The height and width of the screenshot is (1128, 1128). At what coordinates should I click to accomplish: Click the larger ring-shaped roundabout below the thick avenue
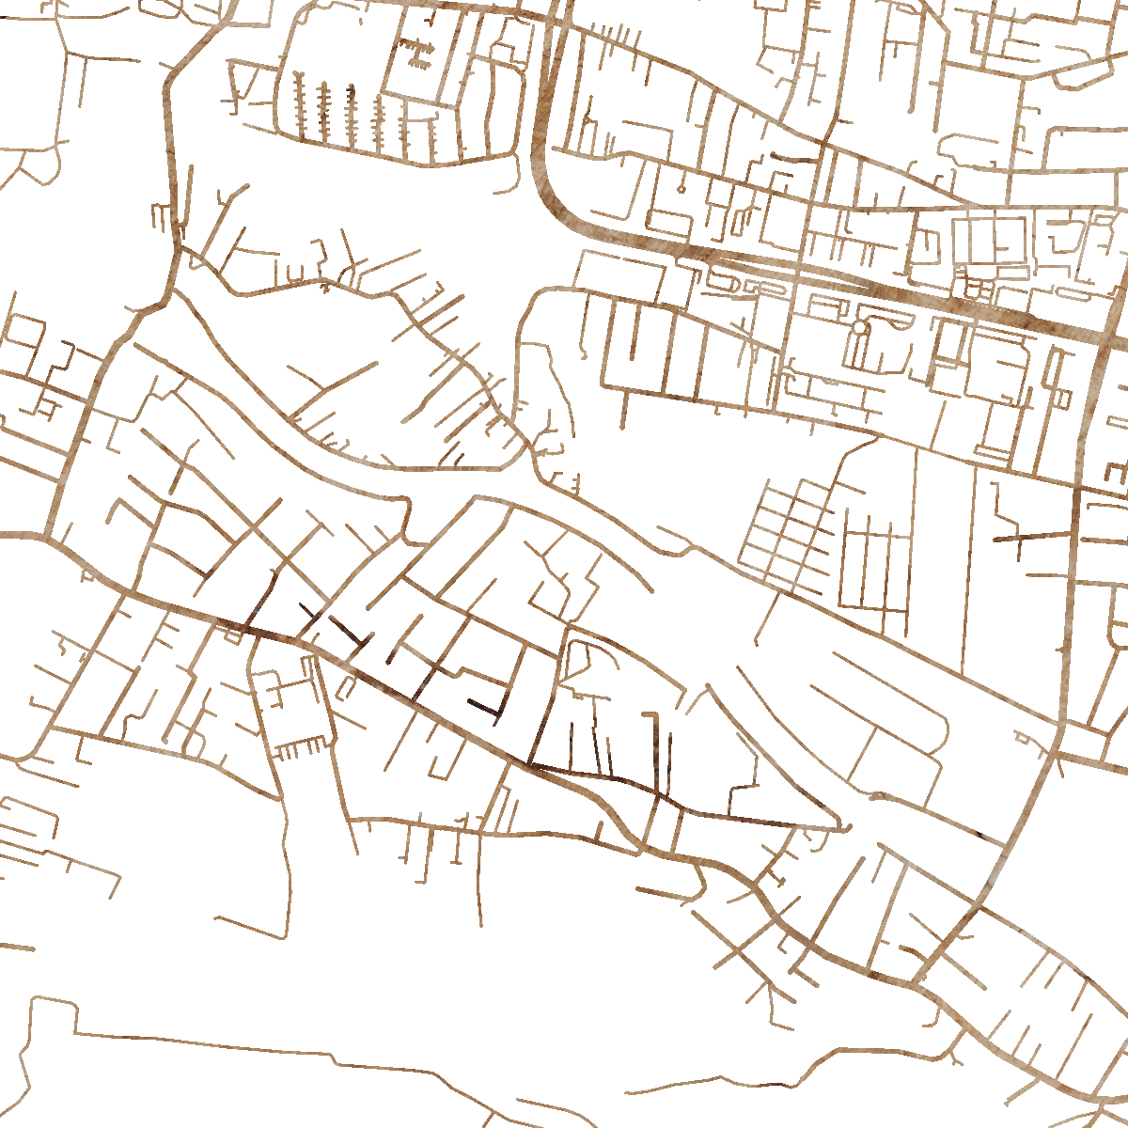[858, 327]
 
